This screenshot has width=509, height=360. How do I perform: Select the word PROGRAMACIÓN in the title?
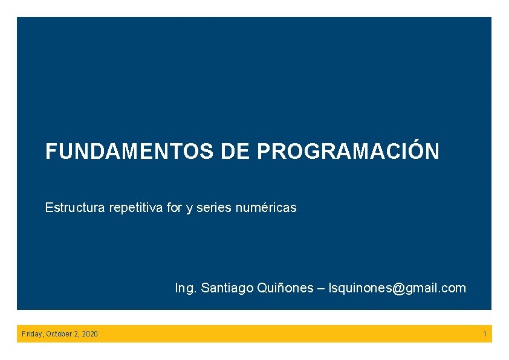(348, 152)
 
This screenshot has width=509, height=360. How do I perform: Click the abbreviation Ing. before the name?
(186, 288)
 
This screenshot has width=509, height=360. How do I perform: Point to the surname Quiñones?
(286, 288)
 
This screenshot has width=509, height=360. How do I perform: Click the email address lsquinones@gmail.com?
(397, 288)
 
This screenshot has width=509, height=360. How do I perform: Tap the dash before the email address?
(321, 288)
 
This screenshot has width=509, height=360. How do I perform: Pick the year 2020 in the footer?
(90, 334)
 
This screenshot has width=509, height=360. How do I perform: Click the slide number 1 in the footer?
(484, 334)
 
